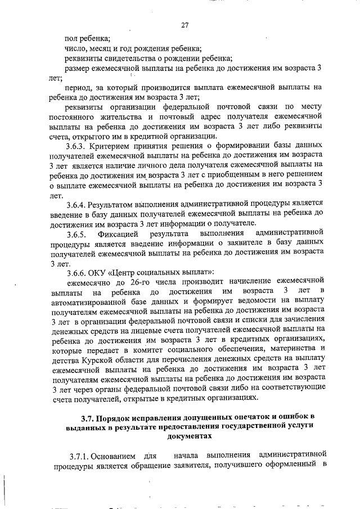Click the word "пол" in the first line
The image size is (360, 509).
click(x=71, y=38)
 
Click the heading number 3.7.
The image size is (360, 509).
click(x=87, y=418)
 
